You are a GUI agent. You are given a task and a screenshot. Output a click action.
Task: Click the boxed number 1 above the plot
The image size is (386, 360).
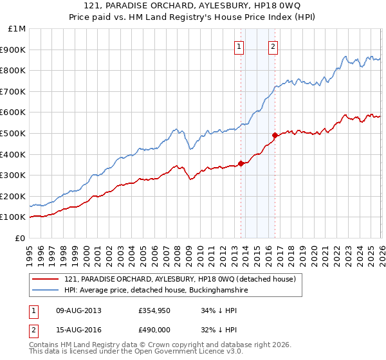click(x=239, y=46)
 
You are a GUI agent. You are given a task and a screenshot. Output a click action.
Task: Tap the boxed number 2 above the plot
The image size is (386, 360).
click(x=273, y=46)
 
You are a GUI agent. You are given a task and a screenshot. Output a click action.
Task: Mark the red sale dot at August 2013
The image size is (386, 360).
click(x=241, y=163)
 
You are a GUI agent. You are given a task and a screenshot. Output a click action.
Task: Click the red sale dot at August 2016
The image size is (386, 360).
click(x=275, y=135)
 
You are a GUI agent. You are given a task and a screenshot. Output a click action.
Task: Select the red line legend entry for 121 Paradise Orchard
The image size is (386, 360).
click(x=179, y=279)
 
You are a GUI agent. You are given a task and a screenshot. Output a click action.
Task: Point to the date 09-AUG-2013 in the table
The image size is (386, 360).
click(x=78, y=310)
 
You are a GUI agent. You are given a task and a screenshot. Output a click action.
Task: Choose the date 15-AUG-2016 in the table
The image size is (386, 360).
click(x=78, y=330)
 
